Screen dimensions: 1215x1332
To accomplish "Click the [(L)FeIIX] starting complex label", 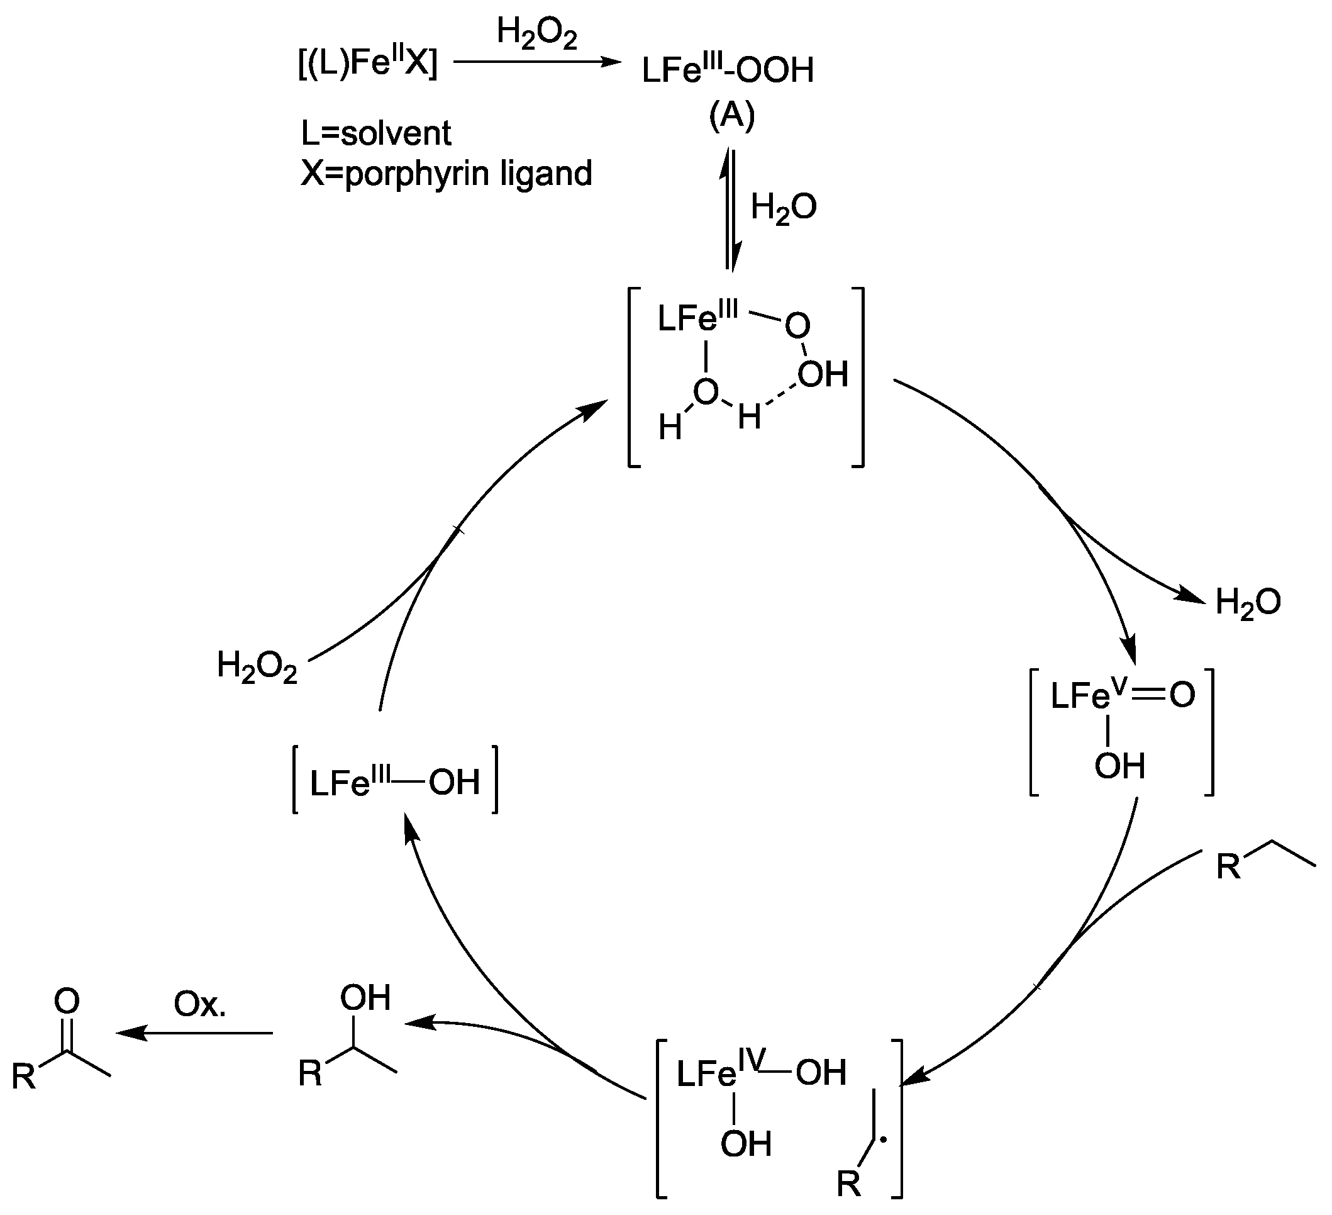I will coord(367,64).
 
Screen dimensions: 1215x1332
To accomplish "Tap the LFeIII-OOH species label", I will coord(728,70).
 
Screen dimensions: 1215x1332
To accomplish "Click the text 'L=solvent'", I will coord(376,134).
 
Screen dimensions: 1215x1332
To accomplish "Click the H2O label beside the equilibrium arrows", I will coord(783,208).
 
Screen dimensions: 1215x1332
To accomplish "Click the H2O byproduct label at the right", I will coord(1248,602).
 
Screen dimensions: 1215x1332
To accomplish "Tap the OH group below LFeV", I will coord(1119,767).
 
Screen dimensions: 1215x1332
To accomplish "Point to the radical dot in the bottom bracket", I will coord(885,1137).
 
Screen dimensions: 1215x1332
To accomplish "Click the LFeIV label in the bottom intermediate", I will coord(720,1073).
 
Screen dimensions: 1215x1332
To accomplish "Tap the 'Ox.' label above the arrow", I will coord(199,1004).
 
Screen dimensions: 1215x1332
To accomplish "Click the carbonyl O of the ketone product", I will coord(67,1002).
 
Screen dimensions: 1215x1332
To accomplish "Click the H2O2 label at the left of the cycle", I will coord(257,666).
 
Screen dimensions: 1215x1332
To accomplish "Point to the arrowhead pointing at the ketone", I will coord(129,1033).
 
